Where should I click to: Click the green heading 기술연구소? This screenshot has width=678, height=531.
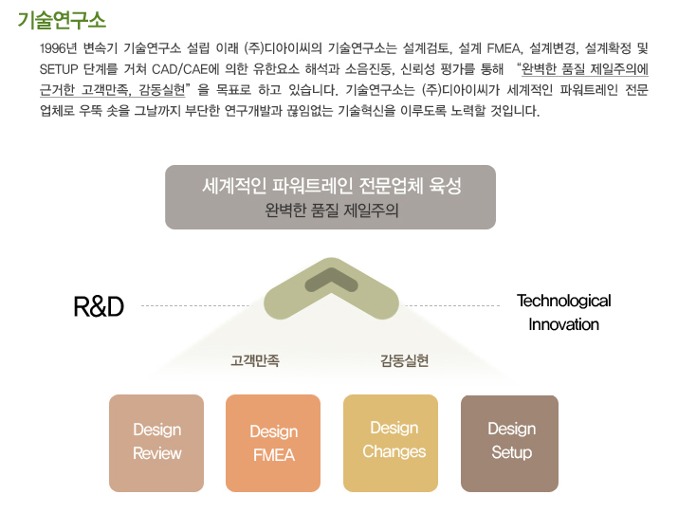pyautogui.click(x=62, y=20)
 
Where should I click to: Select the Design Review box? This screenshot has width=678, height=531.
pyautogui.click(x=156, y=443)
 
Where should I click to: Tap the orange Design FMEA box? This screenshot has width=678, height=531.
pyautogui.click(x=273, y=443)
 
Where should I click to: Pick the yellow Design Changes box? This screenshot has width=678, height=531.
pyautogui.click(x=391, y=443)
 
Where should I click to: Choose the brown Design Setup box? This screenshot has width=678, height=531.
pyautogui.click(x=510, y=443)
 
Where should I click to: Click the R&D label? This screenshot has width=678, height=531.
pyautogui.click(x=99, y=306)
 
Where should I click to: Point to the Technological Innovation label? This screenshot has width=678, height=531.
pyautogui.click(x=564, y=312)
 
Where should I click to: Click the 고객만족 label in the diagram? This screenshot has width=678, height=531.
pyautogui.click(x=255, y=360)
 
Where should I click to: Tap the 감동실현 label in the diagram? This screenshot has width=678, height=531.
pyautogui.click(x=404, y=360)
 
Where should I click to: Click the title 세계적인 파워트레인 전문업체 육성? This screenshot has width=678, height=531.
pyautogui.click(x=332, y=186)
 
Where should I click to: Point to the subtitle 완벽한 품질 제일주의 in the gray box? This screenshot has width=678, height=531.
pyautogui.click(x=332, y=211)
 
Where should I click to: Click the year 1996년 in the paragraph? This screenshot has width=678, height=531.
pyautogui.click(x=58, y=48)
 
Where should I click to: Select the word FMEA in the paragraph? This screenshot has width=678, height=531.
pyautogui.click(x=504, y=48)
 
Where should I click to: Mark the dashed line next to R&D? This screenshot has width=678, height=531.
pyautogui.click(x=195, y=305)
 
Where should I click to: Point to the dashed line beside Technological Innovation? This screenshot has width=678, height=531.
pyautogui.click(x=452, y=305)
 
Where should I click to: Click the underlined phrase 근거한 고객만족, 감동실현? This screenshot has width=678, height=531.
pyautogui.click(x=113, y=90)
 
